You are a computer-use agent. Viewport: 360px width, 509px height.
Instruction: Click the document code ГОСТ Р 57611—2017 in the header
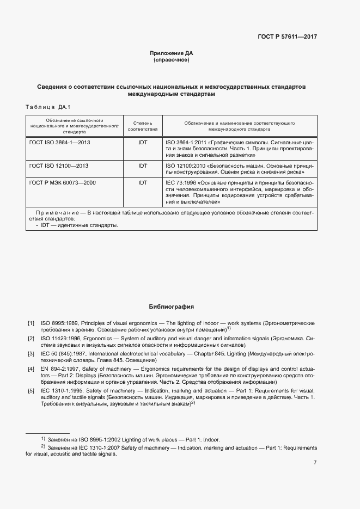point(287,36)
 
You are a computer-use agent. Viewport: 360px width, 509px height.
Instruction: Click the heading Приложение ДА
point(172,53)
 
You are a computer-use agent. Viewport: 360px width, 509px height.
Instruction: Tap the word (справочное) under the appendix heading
point(172,60)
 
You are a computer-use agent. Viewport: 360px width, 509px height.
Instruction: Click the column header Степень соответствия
point(143,127)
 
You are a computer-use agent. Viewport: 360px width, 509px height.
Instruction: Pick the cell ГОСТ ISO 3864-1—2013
point(60,142)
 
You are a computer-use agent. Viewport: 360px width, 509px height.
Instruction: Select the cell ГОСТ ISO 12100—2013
point(58,165)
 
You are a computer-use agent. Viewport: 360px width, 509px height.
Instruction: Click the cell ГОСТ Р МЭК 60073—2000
point(62,182)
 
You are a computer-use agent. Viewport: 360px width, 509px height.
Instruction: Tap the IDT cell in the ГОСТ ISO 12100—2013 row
point(143,165)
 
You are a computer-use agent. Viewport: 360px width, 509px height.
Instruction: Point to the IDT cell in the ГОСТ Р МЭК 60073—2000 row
point(143,182)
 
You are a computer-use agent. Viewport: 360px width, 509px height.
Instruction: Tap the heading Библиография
point(172,307)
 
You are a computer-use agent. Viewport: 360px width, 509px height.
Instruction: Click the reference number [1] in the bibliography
point(31,323)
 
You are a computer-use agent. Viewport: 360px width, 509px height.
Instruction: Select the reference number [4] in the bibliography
point(31,369)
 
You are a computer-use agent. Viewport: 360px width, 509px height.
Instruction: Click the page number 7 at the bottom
point(315,463)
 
